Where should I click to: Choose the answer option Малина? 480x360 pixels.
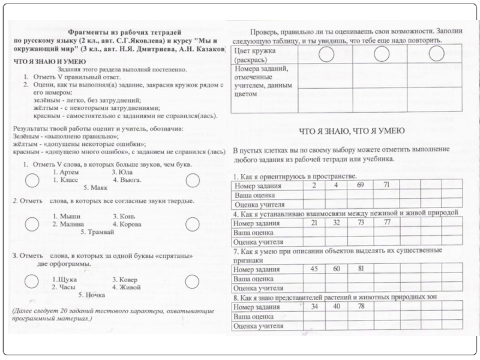[71, 224]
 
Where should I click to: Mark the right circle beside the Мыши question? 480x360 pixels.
[192, 224]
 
